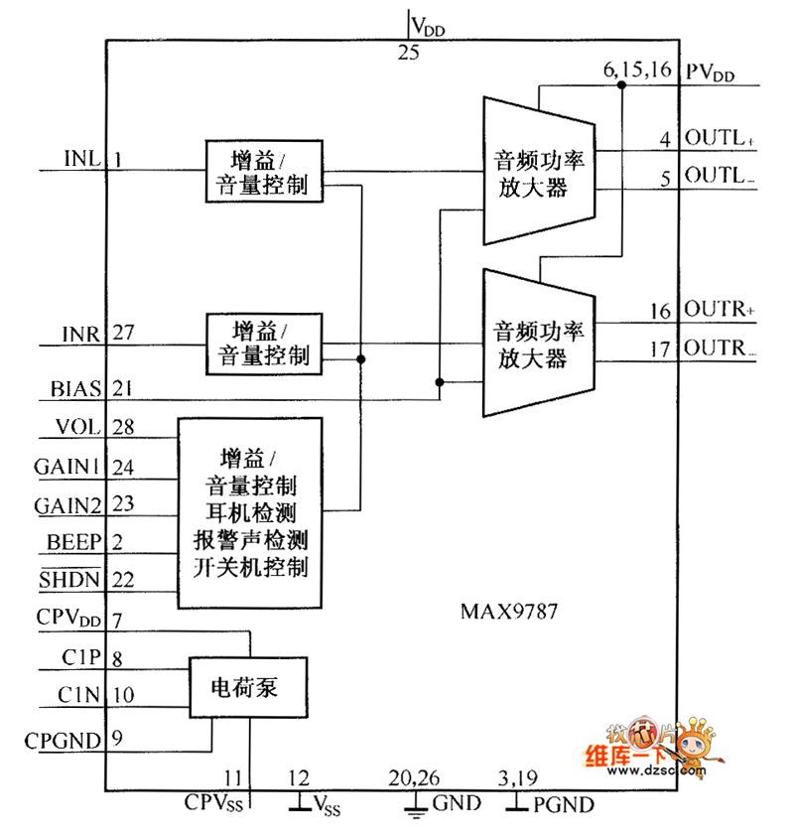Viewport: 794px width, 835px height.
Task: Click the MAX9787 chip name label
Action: coord(508,612)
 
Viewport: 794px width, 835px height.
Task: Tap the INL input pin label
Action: coord(81,159)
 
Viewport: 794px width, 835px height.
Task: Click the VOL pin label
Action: coord(79,427)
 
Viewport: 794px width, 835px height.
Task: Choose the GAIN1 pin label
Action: coord(67,467)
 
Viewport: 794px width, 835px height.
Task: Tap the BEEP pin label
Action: coord(73,542)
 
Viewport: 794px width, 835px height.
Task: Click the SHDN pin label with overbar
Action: coord(70,579)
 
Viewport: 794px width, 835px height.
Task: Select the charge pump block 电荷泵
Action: coord(249,686)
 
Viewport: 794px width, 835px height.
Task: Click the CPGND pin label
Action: coord(63,739)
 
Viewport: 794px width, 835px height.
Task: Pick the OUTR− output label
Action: coord(720,348)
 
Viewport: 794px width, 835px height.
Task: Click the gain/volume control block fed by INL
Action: coord(264,171)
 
